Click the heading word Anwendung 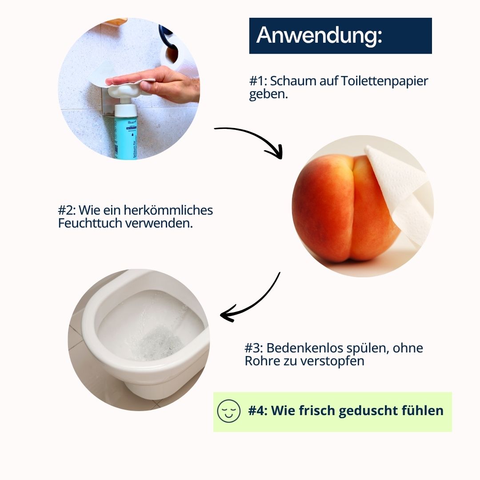318,35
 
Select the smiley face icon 228,411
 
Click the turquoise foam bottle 127,133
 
